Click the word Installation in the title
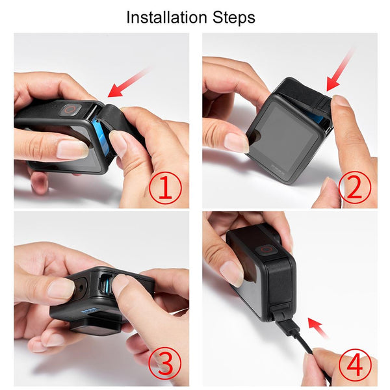tap(165, 17)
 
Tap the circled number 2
tap(354, 188)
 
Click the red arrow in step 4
tap(318, 328)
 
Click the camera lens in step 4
tap(265, 250)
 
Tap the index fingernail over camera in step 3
tap(121, 284)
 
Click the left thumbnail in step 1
tap(71, 149)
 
